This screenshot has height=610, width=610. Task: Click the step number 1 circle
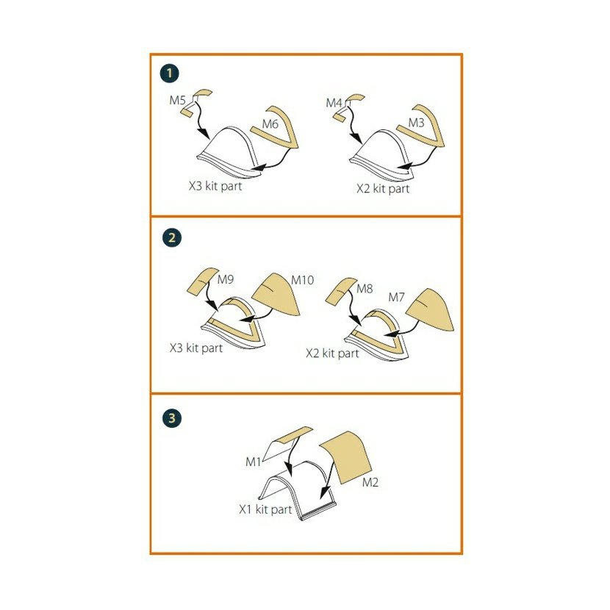coord(169,73)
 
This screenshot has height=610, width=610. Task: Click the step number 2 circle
coord(171,237)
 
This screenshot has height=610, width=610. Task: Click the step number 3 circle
coord(171,418)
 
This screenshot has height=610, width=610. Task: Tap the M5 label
coord(177,101)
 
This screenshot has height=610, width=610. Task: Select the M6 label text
coord(270,124)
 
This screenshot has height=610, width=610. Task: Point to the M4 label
coord(334,103)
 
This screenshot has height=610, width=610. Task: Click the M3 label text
coord(416,123)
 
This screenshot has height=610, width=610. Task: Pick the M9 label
coord(225,279)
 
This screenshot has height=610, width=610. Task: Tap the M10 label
coord(302,280)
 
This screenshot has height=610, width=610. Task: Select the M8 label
coord(365,289)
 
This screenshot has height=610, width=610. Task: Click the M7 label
coord(396,298)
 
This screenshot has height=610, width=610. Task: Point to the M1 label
coord(253,462)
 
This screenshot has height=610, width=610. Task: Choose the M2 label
coord(370,482)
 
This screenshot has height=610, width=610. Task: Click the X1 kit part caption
coord(265,509)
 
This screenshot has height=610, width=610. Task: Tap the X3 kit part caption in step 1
coord(215,186)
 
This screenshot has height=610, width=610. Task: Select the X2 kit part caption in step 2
coord(332,354)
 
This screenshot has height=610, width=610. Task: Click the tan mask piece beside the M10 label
coord(276,294)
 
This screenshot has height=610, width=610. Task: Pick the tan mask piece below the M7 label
coord(430,309)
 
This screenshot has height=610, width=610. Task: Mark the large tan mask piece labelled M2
coord(345,457)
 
